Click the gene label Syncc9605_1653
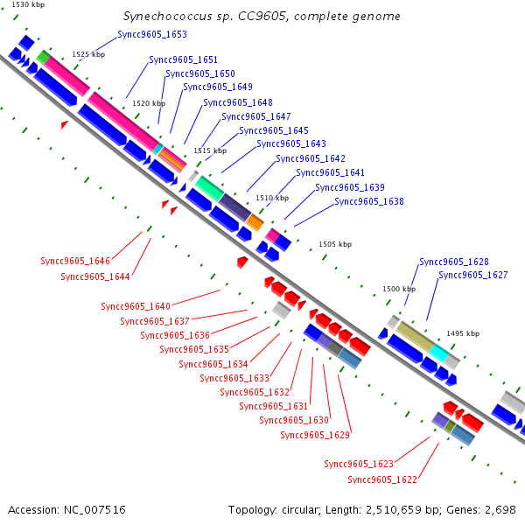pos(152,34)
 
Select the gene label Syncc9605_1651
pos(184,59)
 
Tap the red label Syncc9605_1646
pos(75,261)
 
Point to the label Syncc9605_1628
pos(454,262)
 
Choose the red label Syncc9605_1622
pos(382,479)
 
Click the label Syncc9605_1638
pos(369,201)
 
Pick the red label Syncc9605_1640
pos(136,306)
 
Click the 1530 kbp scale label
pos(28,4)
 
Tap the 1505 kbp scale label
pos(335,244)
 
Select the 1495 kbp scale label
pos(463,333)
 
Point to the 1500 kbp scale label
pos(399,289)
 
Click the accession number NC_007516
pos(94,509)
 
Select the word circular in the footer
pos(301,509)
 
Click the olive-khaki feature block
pos(415,336)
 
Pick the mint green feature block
pos(210,188)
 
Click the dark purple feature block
pos(234,207)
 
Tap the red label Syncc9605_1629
pos(315,435)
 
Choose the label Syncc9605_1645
pos(274,130)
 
